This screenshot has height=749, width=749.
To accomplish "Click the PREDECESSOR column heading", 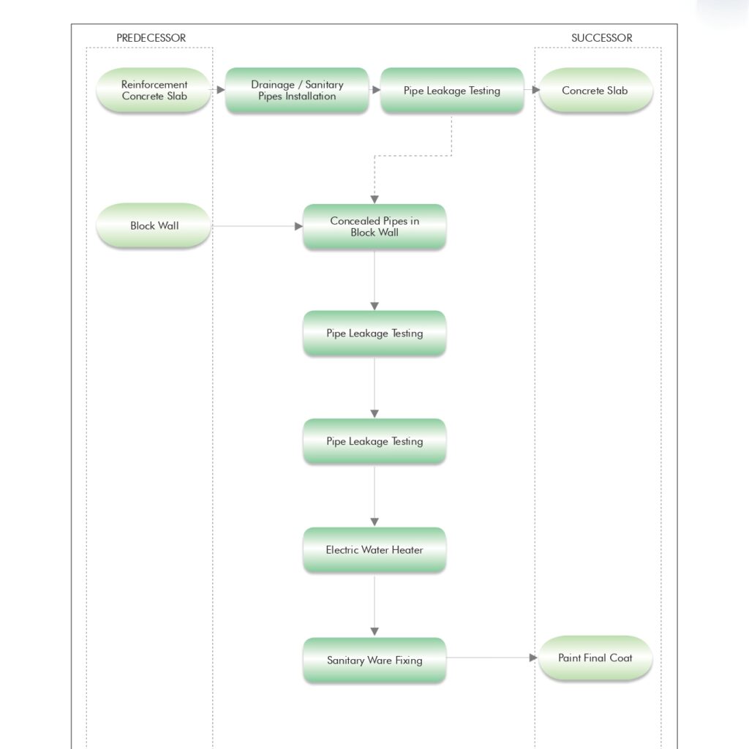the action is point(151,38).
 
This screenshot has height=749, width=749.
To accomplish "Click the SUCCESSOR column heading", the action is point(601,38).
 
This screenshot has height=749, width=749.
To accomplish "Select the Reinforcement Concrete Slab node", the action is point(154,90).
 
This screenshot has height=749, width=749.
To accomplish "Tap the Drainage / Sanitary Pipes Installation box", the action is point(297,90).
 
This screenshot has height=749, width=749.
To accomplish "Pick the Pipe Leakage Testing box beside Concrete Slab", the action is point(452,90).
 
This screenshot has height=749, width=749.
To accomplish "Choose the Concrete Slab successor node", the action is point(595,90).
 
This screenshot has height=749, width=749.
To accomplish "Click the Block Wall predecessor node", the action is point(154,225).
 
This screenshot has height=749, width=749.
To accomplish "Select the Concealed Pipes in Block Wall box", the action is point(374,227).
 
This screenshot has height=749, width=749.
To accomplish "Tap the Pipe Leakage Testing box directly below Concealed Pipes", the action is point(374,333).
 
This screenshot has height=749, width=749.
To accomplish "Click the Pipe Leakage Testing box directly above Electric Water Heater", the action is point(374,441).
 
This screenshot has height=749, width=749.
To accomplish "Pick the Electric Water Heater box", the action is point(374,550).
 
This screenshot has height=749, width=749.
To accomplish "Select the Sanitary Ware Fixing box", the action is point(374,660).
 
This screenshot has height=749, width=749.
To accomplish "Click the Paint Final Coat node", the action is point(595,658).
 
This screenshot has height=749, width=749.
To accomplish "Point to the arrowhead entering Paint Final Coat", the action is point(533,658).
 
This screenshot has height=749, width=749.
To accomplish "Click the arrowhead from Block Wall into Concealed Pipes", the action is point(298,226).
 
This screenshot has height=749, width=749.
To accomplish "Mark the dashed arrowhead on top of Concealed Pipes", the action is point(374,199).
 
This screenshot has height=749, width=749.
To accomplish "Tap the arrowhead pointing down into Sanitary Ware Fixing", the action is point(374,631).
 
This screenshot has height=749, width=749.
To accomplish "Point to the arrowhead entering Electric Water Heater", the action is point(374,522).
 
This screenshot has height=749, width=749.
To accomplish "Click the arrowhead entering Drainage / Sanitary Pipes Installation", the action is point(221,90).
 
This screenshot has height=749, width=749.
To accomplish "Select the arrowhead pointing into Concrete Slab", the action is point(536,90).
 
